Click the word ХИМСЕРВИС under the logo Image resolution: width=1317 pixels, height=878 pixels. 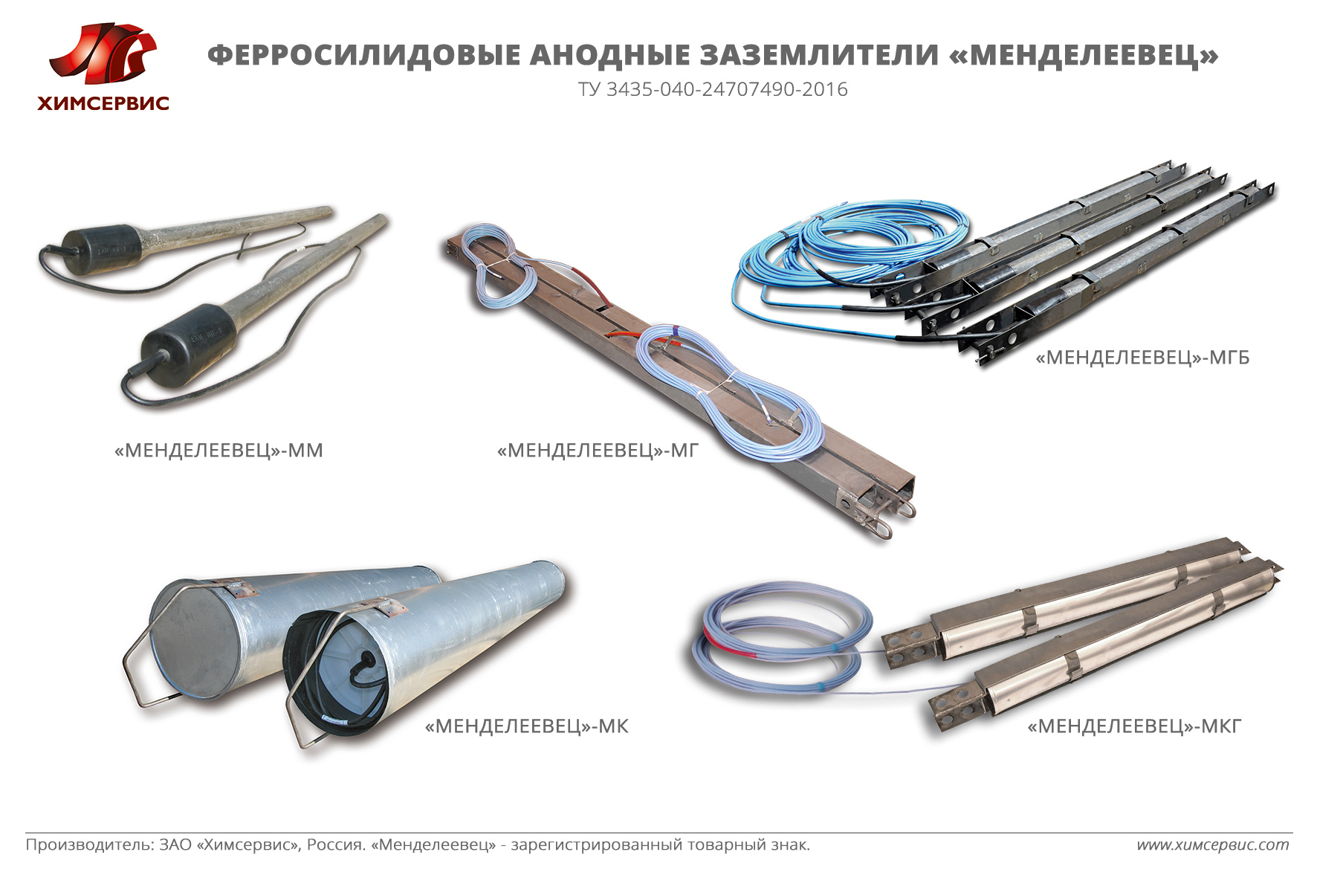[103, 104]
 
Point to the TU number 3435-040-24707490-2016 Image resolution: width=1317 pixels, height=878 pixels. [727, 90]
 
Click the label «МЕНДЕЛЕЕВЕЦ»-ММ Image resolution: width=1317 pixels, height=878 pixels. [219, 451]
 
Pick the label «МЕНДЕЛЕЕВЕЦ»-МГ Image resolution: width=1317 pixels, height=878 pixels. [598, 451]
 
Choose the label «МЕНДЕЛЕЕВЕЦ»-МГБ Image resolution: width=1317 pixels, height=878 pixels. [1143, 358]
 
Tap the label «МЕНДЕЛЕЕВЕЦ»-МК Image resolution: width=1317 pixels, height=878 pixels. [527, 726]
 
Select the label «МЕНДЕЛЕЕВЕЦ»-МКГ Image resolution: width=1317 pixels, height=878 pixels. [1135, 726]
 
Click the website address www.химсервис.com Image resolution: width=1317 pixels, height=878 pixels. [1213, 845]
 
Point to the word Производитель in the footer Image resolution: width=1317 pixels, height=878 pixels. [90, 845]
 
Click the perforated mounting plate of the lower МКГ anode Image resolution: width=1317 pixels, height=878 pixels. [954, 708]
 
